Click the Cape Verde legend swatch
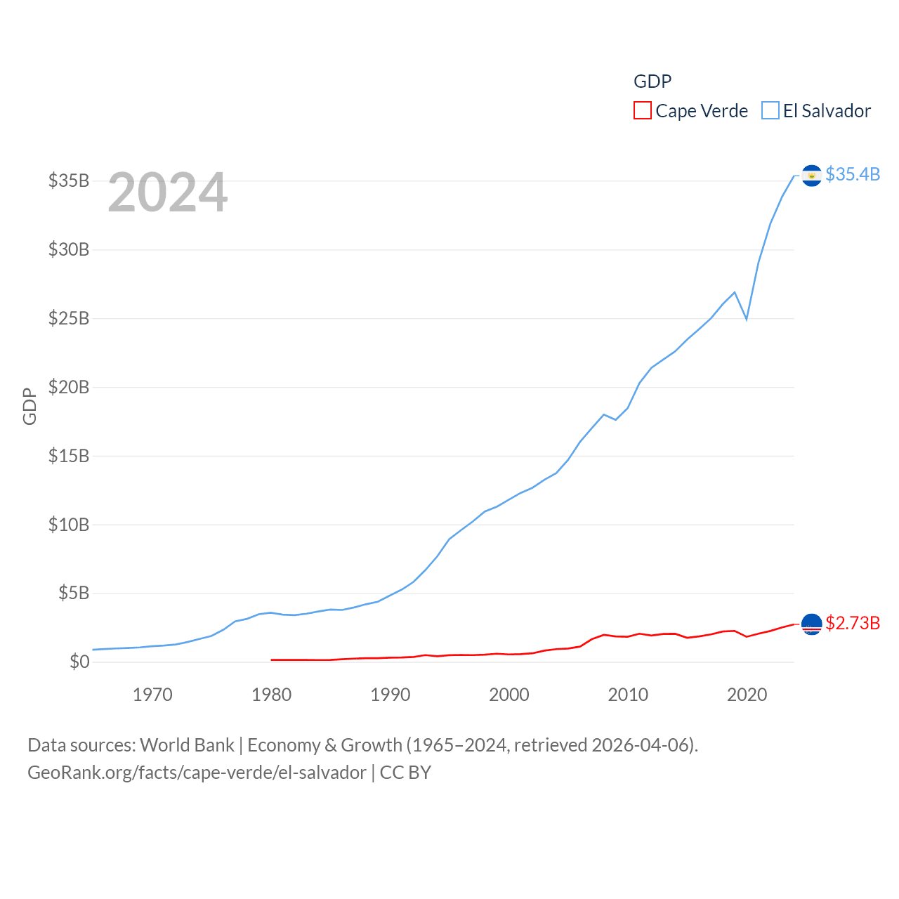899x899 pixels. (x=642, y=111)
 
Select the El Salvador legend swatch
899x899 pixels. (x=770, y=111)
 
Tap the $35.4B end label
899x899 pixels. (x=853, y=174)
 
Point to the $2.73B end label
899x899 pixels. (x=853, y=623)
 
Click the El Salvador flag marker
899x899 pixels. (x=811, y=176)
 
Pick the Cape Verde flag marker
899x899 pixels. (x=811, y=624)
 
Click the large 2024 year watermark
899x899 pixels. (x=168, y=192)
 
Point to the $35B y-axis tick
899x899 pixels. (x=69, y=181)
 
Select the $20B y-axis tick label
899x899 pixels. (x=69, y=387)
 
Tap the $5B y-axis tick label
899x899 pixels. (x=74, y=593)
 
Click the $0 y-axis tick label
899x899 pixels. (x=79, y=662)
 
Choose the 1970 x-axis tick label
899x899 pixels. (x=152, y=695)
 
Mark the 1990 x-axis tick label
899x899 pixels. (x=391, y=695)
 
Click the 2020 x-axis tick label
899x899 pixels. (x=747, y=695)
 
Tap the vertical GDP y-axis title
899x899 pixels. (x=29, y=406)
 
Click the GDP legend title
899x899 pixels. (x=652, y=81)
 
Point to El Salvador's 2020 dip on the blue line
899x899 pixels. (x=747, y=319)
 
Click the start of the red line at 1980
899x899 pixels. (x=272, y=660)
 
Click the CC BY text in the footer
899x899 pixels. (x=405, y=773)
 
